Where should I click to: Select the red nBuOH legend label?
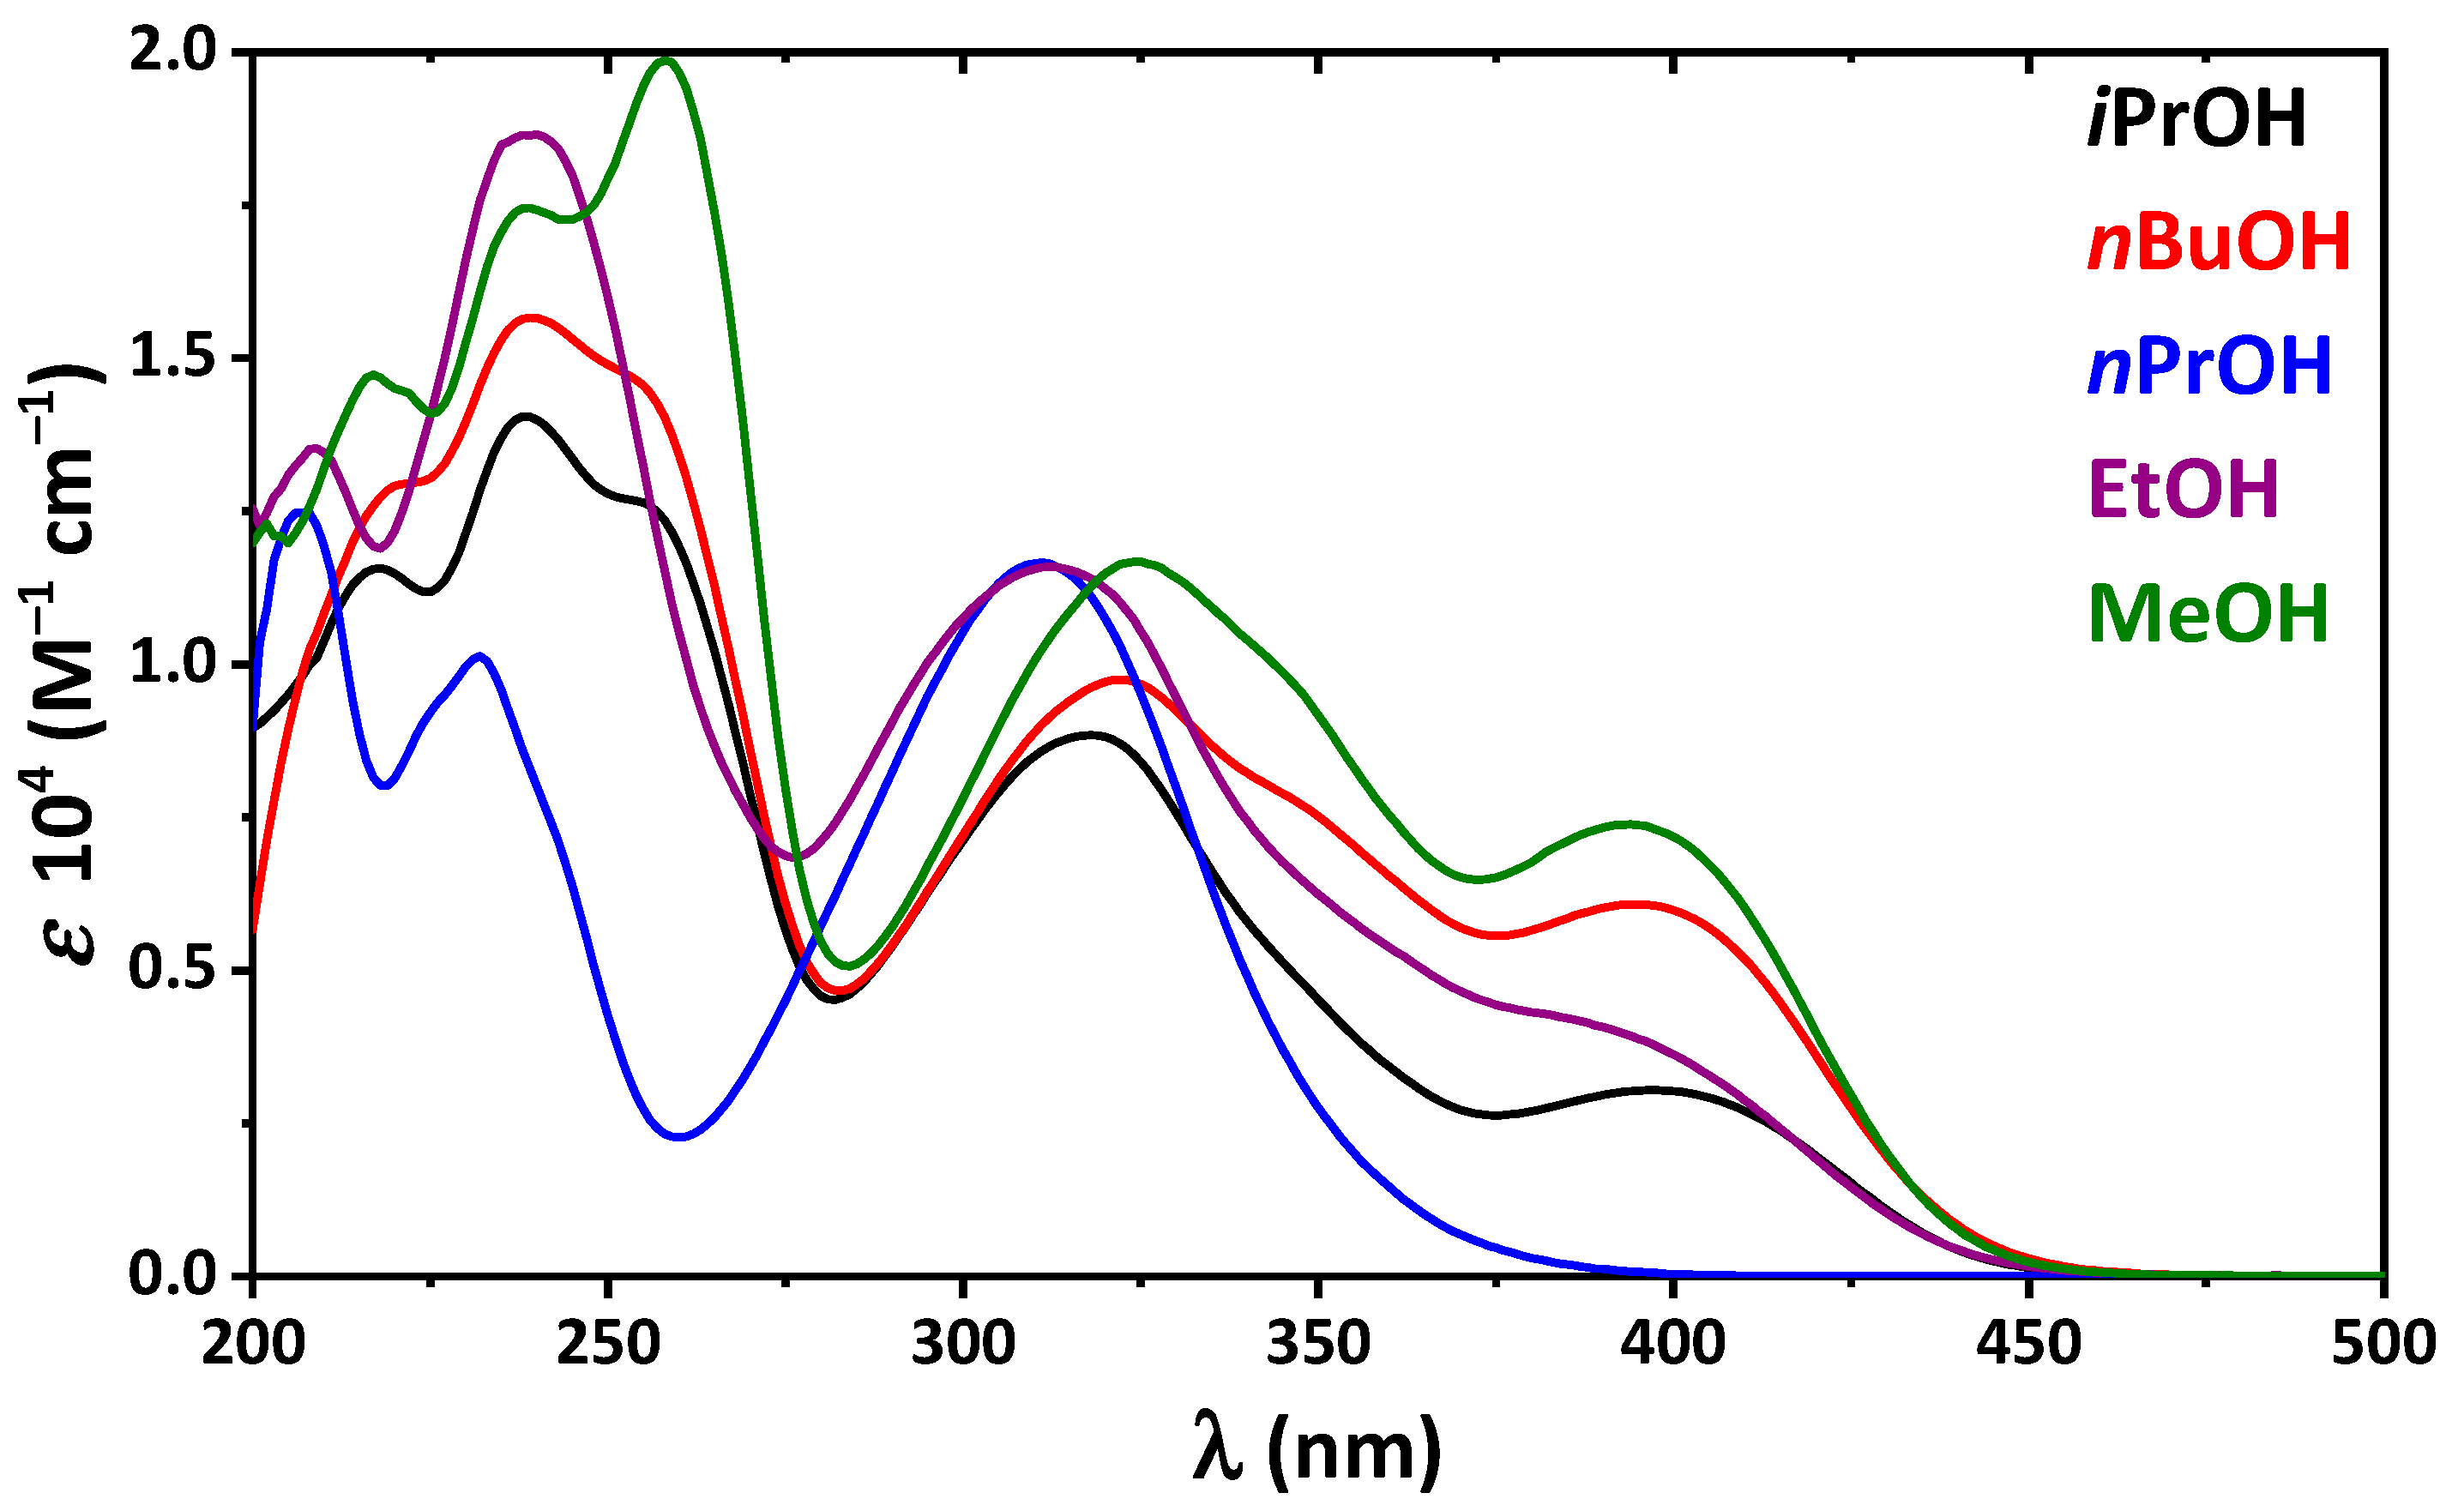(x=2219, y=242)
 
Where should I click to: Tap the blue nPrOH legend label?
(x=2209, y=365)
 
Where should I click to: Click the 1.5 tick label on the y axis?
(x=172, y=358)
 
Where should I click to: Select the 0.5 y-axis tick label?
(x=172, y=970)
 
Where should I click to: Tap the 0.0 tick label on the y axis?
(x=172, y=1275)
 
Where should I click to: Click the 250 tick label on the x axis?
(x=608, y=1344)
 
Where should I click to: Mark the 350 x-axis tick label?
(x=1318, y=1344)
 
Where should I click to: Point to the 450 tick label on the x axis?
(x=2029, y=1344)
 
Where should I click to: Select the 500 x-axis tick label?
(x=2383, y=1344)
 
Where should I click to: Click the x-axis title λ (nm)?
(x=1316, y=1448)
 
